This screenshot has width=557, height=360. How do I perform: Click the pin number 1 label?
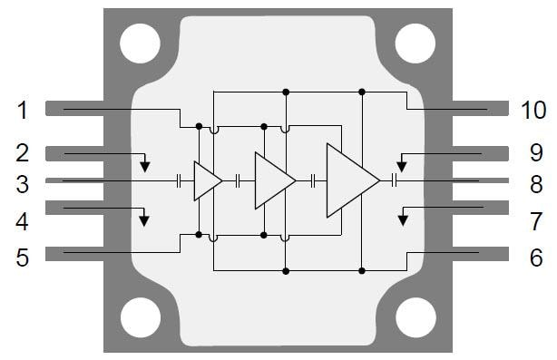click(23, 111)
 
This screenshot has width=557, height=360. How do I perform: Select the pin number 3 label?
click(23, 184)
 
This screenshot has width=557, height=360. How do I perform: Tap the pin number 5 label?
click(23, 258)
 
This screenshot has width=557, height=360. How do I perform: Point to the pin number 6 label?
click(535, 258)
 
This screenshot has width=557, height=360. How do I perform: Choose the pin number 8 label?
click(535, 184)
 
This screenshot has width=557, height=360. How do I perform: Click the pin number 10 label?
click(533, 111)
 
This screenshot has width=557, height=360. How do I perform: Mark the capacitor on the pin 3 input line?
click(180, 180)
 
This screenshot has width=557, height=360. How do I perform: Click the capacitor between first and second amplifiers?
click(238, 180)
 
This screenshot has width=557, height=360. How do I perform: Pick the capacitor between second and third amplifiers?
click(313, 180)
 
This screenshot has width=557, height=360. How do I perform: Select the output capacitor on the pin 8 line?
click(395, 180)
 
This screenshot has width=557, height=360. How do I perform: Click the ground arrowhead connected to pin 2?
click(146, 166)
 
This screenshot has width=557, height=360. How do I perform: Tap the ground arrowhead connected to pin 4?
click(142, 219)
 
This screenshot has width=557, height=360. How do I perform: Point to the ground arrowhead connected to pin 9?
click(401, 166)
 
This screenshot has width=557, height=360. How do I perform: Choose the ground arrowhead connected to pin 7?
click(406, 219)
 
